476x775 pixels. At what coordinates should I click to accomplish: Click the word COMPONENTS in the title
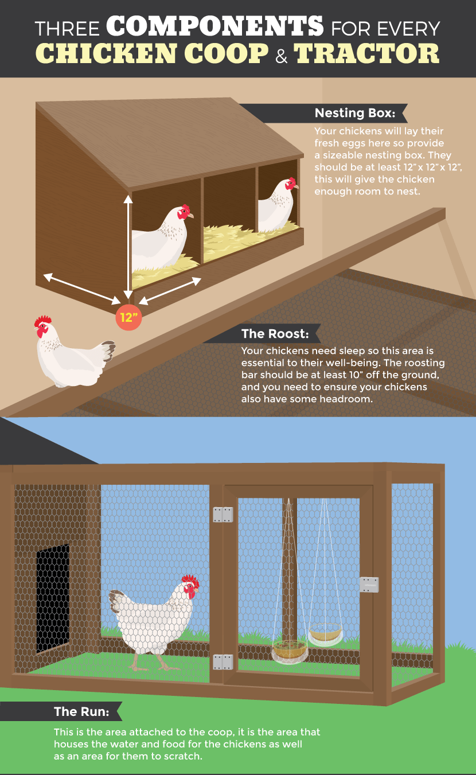click(214, 26)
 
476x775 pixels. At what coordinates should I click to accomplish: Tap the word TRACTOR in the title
click(366, 53)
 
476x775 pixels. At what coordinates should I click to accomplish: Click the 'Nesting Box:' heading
click(355, 113)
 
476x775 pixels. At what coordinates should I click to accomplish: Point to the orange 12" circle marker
click(128, 317)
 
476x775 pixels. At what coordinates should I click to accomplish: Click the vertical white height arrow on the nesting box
click(128, 247)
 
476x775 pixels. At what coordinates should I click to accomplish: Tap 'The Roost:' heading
click(275, 333)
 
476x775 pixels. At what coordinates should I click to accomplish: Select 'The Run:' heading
click(81, 711)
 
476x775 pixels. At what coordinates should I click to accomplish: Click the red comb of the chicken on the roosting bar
click(43, 320)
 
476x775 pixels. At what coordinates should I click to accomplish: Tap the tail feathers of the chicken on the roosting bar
click(108, 349)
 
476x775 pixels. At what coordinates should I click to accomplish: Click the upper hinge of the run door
click(223, 515)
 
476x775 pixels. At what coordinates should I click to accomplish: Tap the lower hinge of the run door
click(223, 662)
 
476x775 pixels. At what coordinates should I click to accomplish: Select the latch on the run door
click(369, 585)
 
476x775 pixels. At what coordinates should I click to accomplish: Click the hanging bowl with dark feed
click(290, 650)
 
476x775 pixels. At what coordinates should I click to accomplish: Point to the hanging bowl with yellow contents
click(326, 633)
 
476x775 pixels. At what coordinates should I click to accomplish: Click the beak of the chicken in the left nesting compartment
click(190, 216)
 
